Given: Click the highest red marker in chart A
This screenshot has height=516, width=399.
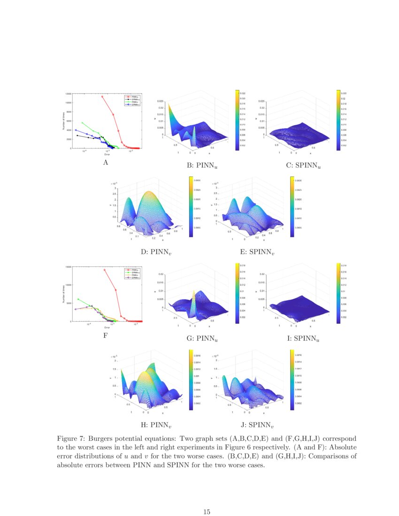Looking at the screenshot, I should point(102,97).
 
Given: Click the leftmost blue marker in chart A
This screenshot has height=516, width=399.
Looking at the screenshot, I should point(75,130).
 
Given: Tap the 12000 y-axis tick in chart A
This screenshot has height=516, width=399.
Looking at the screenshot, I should point(68,94).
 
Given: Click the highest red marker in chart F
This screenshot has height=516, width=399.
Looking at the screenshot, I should point(105,270).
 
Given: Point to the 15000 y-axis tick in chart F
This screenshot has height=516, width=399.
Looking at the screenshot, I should point(68,267).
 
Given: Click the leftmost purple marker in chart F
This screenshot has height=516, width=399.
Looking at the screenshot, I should point(75,309).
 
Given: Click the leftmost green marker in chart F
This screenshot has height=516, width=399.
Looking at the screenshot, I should point(78,299).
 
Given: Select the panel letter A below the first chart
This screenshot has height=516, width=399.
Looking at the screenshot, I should point(106,162).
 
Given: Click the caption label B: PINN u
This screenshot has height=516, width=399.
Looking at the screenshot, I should point(202,166).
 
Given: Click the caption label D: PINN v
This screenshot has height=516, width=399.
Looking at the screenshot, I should point(156,252).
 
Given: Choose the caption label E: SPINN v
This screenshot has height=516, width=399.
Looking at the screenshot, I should point(257,252).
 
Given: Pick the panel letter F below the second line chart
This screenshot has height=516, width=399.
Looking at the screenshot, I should point(106,335).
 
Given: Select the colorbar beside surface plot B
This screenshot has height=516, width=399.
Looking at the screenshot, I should point(237,120).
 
